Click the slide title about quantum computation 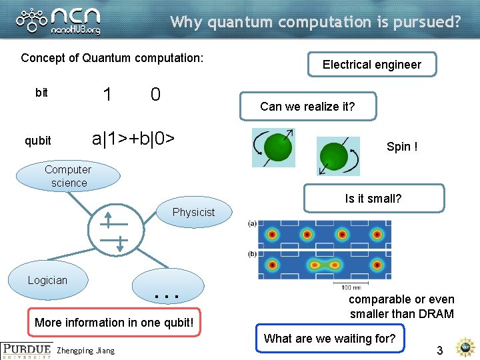click(x=315, y=22)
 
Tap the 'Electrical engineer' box click(x=372, y=65)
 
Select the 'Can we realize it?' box click(x=307, y=107)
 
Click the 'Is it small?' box click(x=373, y=198)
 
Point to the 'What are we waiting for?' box click(x=330, y=339)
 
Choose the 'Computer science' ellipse click(x=69, y=176)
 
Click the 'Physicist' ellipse click(x=193, y=213)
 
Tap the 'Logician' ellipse click(x=47, y=281)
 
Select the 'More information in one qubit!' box click(x=114, y=323)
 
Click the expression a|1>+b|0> click(x=133, y=139)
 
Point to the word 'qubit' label click(x=37, y=141)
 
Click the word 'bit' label click(x=41, y=93)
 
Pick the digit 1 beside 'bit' click(x=107, y=94)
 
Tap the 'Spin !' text click(x=402, y=147)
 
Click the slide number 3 click(x=439, y=351)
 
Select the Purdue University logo click(x=27, y=351)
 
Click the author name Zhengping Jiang click(x=86, y=351)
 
